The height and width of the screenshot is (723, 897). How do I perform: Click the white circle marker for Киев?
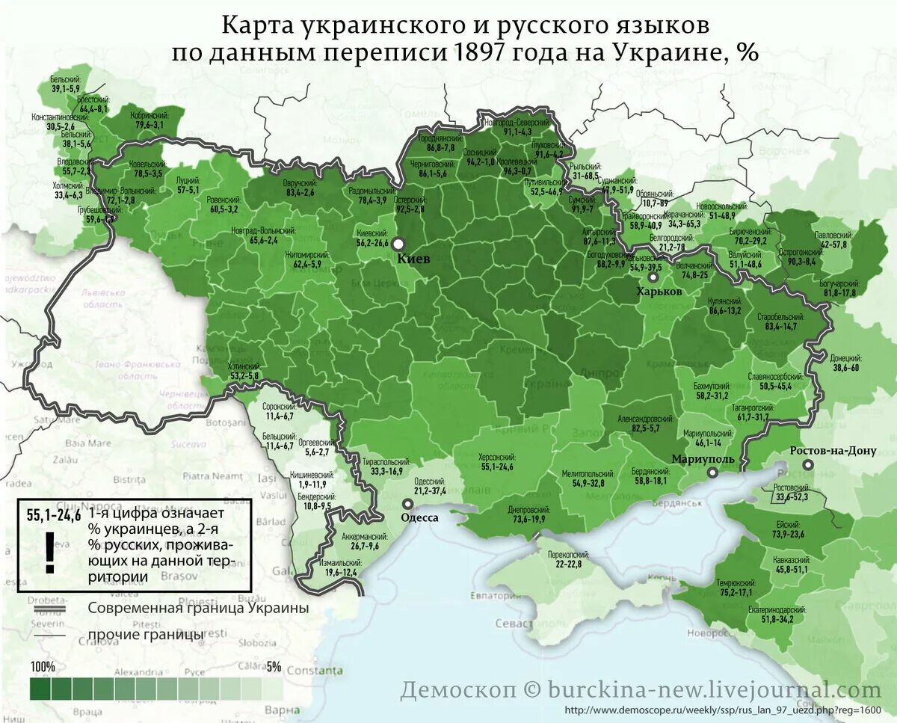tap(398, 244)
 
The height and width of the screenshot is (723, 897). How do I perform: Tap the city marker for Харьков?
tap(654, 277)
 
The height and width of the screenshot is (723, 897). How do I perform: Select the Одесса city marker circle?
tap(407, 504)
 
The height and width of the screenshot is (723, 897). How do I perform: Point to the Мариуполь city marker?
tap(713, 473)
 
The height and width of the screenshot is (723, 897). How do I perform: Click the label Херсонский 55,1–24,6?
tap(496, 462)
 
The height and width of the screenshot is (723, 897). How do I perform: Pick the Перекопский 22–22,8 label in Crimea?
tap(568, 559)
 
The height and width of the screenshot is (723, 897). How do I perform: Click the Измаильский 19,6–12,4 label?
tap(340, 567)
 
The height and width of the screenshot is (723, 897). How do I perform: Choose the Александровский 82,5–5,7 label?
tap(647, 423)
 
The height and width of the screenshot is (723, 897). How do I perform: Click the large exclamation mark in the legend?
tap(50, 553)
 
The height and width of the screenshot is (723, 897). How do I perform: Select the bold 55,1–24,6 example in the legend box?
tap(53, 514)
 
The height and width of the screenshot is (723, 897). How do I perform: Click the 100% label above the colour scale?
tap(43, 666)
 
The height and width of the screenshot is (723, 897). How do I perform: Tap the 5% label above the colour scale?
tap(274, 666)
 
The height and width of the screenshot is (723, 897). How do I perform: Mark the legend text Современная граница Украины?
tap(198, 608)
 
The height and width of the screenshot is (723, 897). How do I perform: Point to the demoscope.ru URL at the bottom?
tap(724, 710)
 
